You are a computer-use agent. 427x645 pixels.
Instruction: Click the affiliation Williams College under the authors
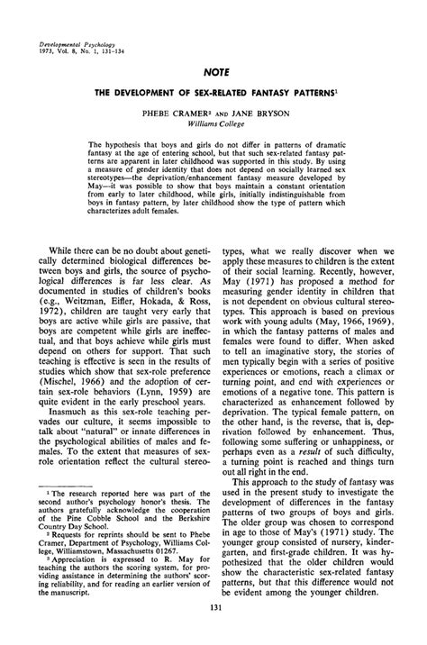click(213, 127)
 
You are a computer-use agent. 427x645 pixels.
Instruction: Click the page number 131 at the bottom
click(213, 634)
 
